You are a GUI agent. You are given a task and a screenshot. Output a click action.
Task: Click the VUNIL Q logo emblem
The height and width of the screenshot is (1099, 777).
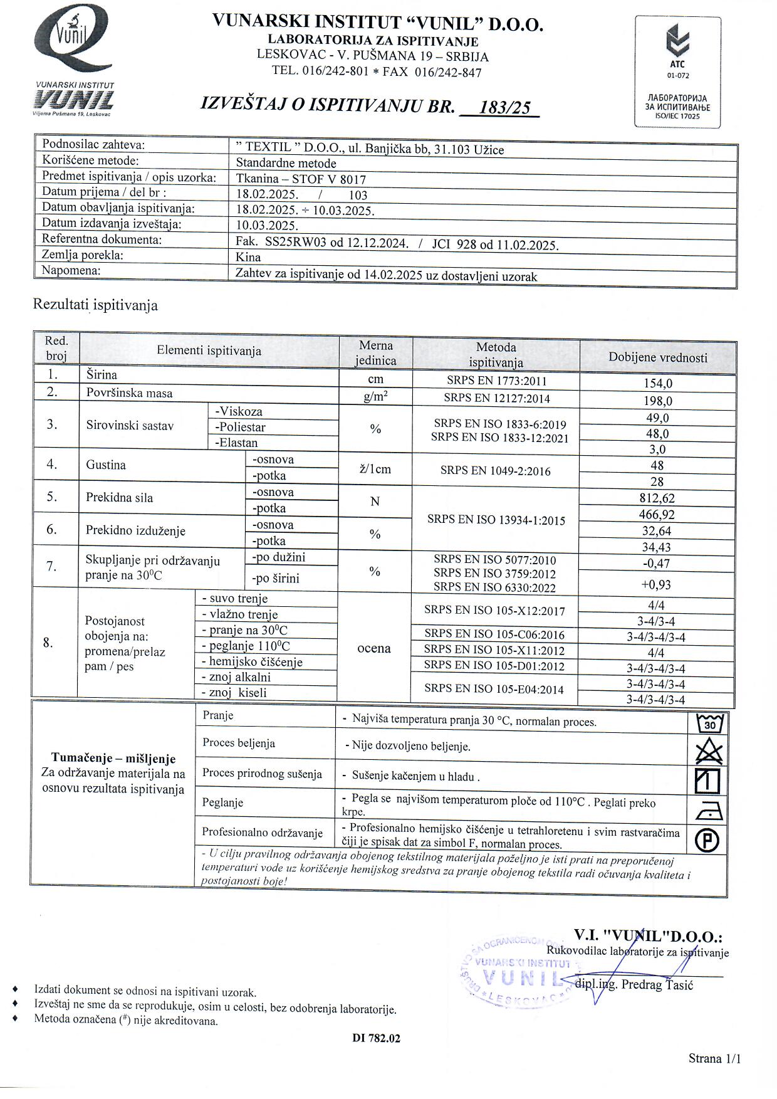click(73, 39)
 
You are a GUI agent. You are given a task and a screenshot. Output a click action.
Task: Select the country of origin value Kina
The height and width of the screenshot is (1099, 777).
click(248, 257)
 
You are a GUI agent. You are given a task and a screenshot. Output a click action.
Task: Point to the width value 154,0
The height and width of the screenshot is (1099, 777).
click(658, 384)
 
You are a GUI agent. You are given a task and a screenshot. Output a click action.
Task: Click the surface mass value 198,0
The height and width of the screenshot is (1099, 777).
click(658, 401)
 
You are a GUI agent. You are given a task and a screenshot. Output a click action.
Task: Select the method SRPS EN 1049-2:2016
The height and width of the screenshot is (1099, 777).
click(495, 471)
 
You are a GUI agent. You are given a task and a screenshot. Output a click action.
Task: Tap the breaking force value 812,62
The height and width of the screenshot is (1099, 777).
click(657, 498)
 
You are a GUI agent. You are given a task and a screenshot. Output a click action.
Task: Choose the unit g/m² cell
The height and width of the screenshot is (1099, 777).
click(375, 397)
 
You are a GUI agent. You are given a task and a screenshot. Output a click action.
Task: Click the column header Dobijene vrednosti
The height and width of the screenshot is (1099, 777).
click(658, 357)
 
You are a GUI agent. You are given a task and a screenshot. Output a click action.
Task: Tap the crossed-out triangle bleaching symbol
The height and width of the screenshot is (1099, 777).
click(709, 751)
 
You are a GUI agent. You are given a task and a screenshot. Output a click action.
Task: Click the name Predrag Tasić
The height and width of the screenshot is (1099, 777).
click(657, 984)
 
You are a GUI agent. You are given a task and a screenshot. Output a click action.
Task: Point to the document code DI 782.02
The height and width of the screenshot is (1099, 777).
click(376, 1038)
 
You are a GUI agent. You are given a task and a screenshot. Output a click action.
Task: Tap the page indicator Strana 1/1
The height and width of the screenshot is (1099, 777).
click(714, 1059)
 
